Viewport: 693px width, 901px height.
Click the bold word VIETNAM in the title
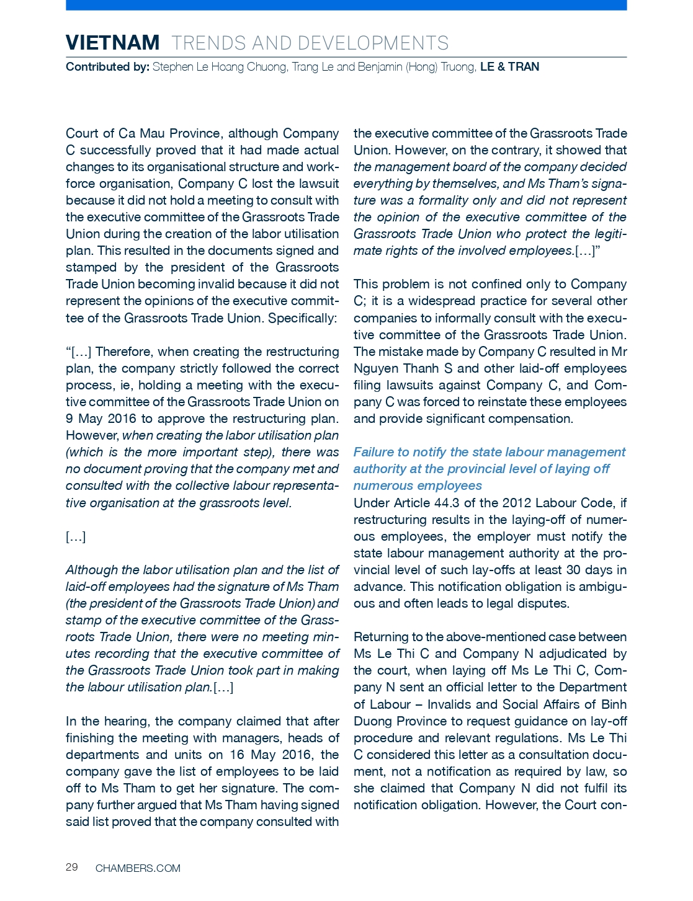point(112,43)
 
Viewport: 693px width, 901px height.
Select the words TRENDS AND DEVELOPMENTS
point(310,43)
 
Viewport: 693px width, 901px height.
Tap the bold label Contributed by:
point(107,67)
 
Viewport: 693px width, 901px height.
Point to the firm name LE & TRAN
point(509,67)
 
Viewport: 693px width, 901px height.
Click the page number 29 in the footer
point(72,867)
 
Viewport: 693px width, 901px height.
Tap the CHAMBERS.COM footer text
point(138,868)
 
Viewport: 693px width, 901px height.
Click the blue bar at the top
point(346,5)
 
